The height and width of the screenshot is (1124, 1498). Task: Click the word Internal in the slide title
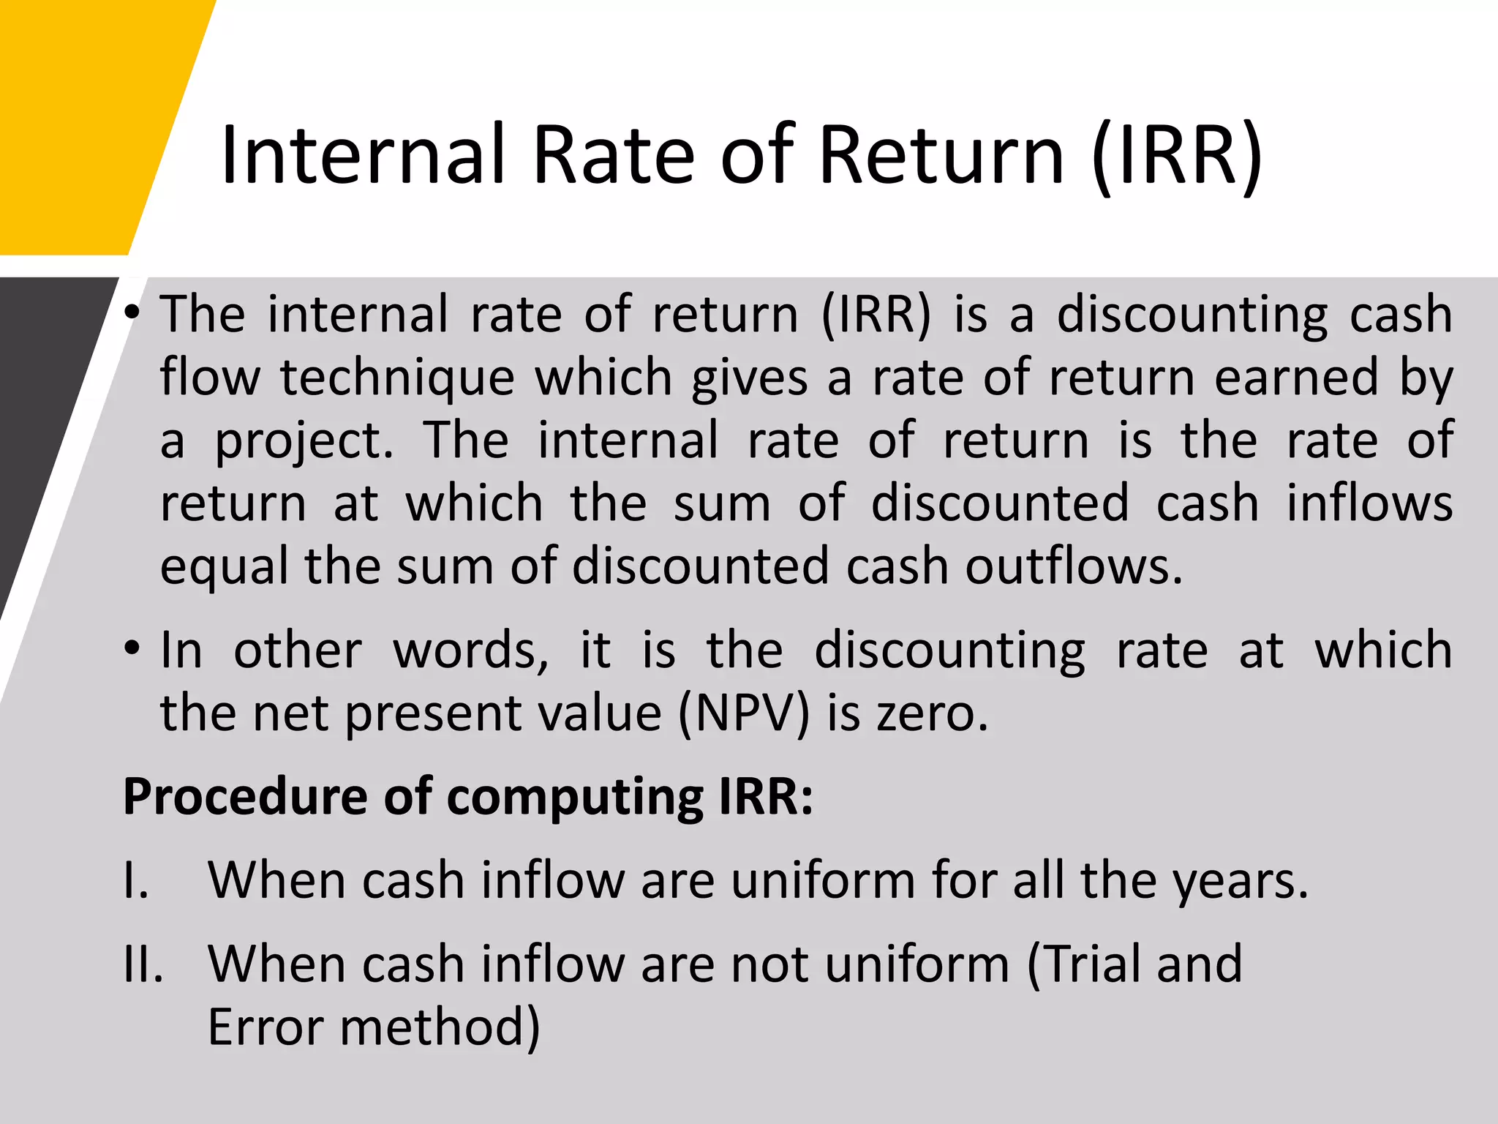coord(363,155)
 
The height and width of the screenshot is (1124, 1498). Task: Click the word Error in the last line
coord(266,1027)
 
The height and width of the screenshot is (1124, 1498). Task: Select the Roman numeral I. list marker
coord(137,880)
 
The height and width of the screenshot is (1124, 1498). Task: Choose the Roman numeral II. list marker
coord(143,964)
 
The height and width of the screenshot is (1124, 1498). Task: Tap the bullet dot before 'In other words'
coord(132,649)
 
